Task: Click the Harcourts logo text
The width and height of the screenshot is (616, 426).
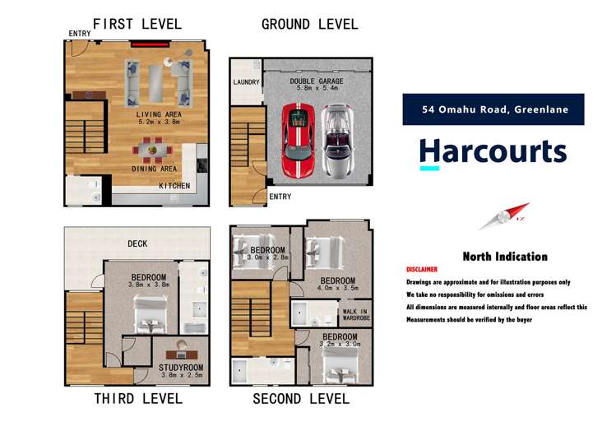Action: (493, 152)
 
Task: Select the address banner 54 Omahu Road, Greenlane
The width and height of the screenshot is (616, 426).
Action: (493, 109)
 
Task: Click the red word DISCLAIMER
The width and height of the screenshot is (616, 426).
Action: (422, 270)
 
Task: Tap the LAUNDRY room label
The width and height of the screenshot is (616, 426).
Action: (246, 82)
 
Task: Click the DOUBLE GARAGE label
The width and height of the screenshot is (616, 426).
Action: (316, 82)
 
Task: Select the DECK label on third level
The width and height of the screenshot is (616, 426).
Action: (137, 243)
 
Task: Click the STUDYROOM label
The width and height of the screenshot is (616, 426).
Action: (180, 367)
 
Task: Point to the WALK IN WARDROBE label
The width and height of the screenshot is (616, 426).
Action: (354, 316)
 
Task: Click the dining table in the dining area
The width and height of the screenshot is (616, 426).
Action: (154, 151)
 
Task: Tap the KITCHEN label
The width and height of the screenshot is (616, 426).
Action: (174, 186)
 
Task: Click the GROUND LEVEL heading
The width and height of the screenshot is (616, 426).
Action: (309, 24)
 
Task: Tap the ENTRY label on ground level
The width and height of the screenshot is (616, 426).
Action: (280, 197)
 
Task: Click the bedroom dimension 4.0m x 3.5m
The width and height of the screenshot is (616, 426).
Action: (337, 289)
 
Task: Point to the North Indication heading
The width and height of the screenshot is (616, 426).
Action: (504, 257)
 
